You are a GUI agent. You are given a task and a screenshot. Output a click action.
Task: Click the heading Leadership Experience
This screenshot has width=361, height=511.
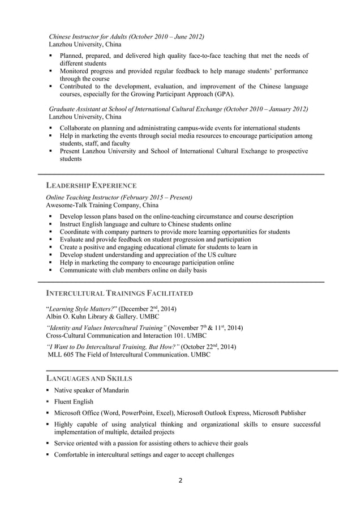pyautogui.click(x=91, y=185)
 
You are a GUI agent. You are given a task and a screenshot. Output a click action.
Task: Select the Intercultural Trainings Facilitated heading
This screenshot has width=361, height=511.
pyautogui.click(x=119, y=293)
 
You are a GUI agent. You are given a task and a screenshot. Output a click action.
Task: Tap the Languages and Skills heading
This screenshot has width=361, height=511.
pyautogui.click(x=89, y=378)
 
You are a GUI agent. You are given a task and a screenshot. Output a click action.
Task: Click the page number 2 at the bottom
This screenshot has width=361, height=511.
pyautogui.click(x=180, y=482)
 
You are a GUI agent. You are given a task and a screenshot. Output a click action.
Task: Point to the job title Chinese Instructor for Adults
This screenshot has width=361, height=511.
pyautogui.click(x=88, y=37)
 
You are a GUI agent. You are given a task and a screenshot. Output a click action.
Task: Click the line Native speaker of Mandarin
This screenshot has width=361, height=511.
pyautogui.click(x=91, y=390)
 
